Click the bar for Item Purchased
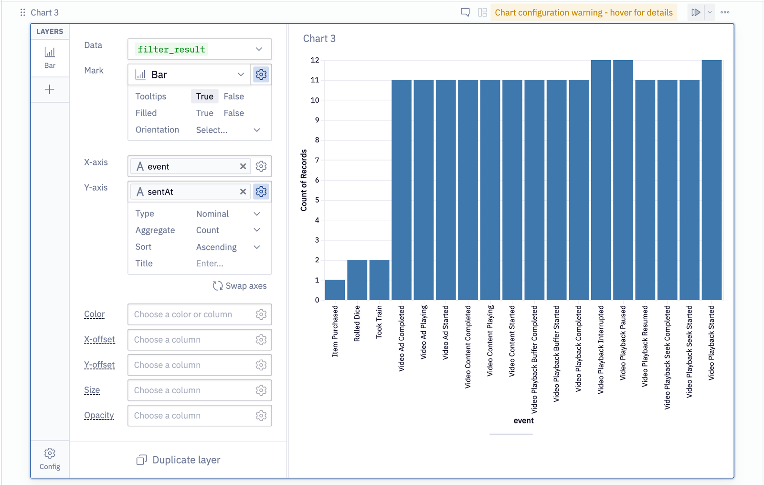click(335, 290)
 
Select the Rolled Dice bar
click(357, 280)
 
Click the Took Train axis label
click(379, 322)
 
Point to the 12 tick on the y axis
click(315, 60)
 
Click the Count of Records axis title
click(304, 180)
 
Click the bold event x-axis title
click(523, 420)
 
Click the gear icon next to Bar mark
click(261, 75)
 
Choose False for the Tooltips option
click(233, 97)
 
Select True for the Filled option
click(204, 113)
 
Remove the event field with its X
click(243, 166)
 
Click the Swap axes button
click(240, 286)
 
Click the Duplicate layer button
click(179, 460)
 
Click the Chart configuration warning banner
click(584, 12)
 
